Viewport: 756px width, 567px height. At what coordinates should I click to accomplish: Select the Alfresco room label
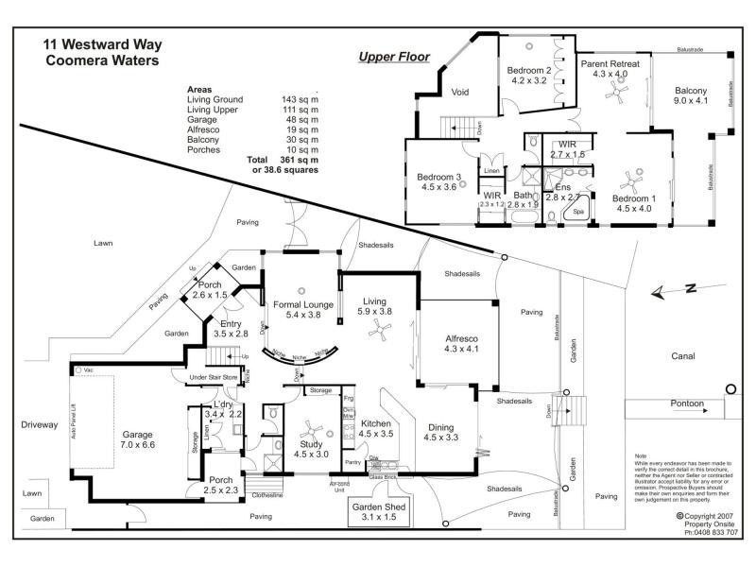pyautogui.click(x=462, y=342)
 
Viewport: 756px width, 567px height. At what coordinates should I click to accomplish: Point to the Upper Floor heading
pyautogui.click(x=394, y=57)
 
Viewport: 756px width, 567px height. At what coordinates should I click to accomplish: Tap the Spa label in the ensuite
pyautogui.click(x=578, y=213)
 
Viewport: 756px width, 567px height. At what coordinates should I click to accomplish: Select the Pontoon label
pyautogui.click(x=681, y=404)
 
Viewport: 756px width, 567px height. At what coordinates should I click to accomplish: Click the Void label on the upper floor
pyautogui.click(x=461, y=92)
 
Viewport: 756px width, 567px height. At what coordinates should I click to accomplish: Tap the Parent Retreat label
pyautogui.click(x=610, y=65)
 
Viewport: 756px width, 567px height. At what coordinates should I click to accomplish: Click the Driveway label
pyautogui.click(x=40, y=425)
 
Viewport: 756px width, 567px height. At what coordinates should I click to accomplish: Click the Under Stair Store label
pyautogui.click(x=214, y=378)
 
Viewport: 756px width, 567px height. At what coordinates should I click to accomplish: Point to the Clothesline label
pyautogui.click(x=268, y=495)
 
